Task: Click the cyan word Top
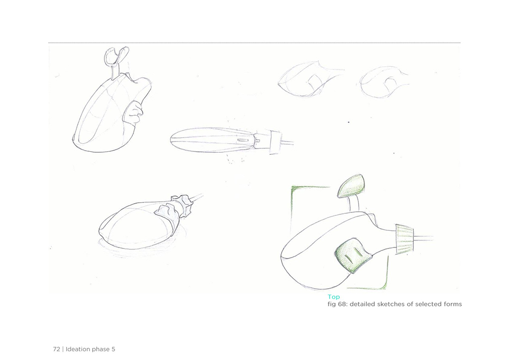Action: (x=333, y=297)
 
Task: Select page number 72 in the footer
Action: (x=56, y=349)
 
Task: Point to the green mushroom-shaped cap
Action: (x=351, y=186)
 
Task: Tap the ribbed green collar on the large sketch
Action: (x=405, y=239)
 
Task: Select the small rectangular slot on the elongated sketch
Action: (x=243, y=141)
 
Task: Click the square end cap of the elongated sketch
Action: (x=275, y=142)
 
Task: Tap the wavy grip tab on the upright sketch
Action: (x=133, y=112)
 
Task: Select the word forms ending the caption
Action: (x=453, y=304)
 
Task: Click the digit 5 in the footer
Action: (x=114, y=349)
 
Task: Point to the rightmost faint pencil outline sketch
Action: (x=383, y=81)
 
